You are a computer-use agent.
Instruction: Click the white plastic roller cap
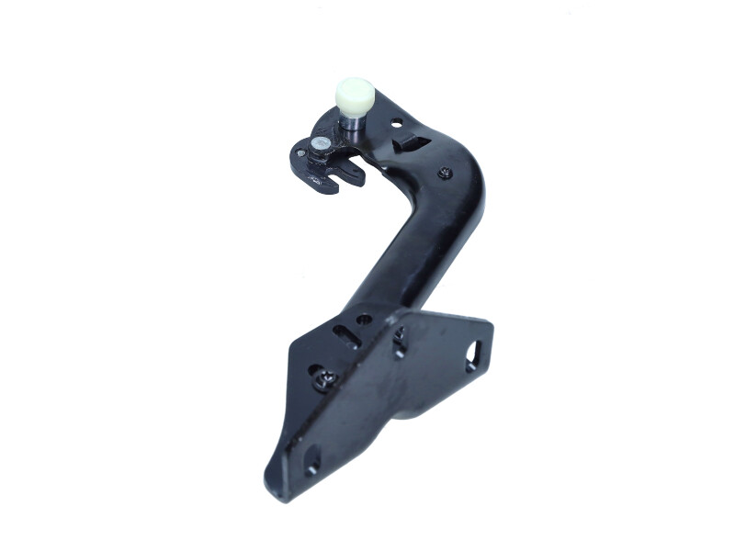[x=356, y=94]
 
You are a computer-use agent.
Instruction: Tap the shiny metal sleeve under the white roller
[x=352, y=126]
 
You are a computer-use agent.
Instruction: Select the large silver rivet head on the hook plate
[x=319, y=144]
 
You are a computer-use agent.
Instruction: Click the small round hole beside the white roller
[x=396, y=121]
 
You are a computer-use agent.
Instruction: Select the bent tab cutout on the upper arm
[x=411, y=143]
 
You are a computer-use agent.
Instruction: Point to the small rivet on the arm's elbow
[x=445, y=172]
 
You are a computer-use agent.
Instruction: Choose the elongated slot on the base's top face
[x=345, y=332]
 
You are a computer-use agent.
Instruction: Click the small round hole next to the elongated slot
[x=365, y=320]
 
